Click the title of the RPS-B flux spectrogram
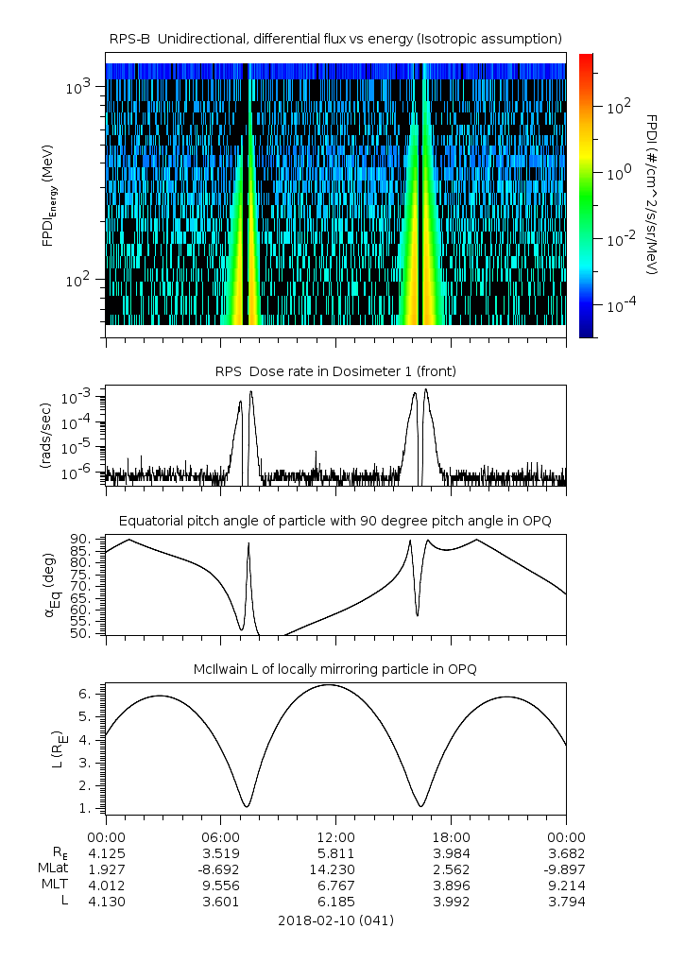336,38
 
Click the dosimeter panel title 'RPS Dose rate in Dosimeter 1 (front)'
336,371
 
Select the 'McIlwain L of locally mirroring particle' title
336,669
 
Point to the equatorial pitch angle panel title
336,521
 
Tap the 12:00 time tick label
336,836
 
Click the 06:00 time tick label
221,836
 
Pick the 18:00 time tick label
452,836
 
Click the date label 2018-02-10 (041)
336,920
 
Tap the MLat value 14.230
336,868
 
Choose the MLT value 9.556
221,885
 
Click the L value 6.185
336,902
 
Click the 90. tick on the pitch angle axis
80,540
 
